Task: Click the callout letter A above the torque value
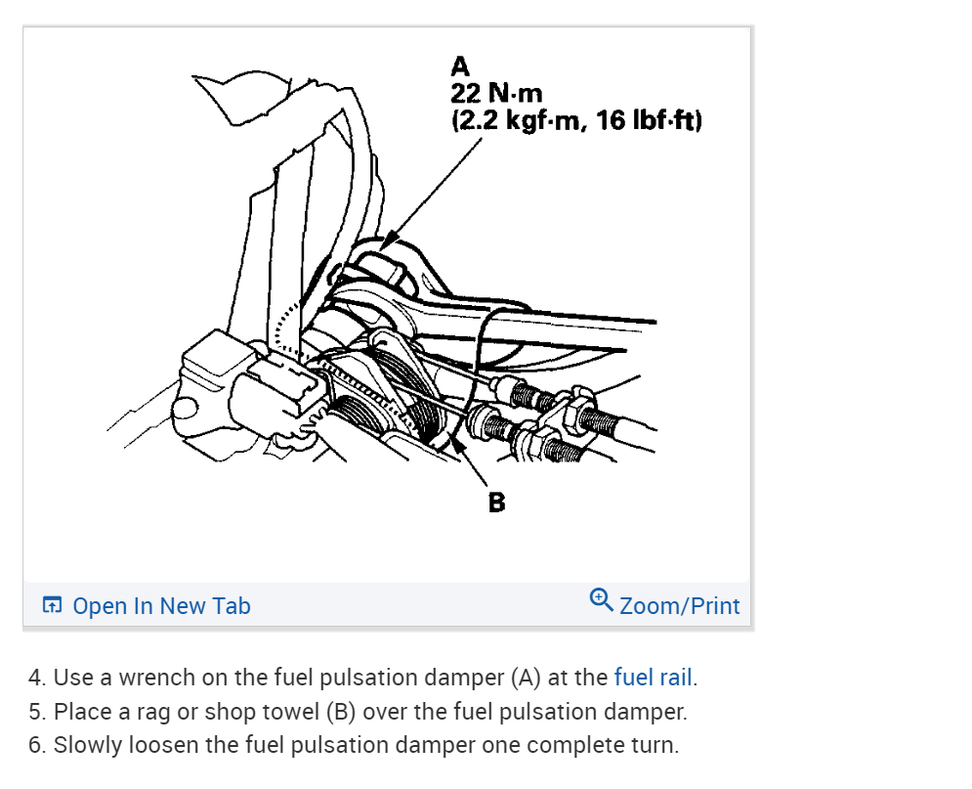point(460,67)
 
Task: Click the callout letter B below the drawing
point(497,503)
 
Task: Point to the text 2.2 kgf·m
point(519,121)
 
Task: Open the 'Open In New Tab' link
point(161,606)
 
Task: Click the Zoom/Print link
point(679,606)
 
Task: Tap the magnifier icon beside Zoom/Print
point(602,599)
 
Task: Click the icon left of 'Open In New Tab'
point(53,606)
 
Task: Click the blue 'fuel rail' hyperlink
point(653,678)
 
